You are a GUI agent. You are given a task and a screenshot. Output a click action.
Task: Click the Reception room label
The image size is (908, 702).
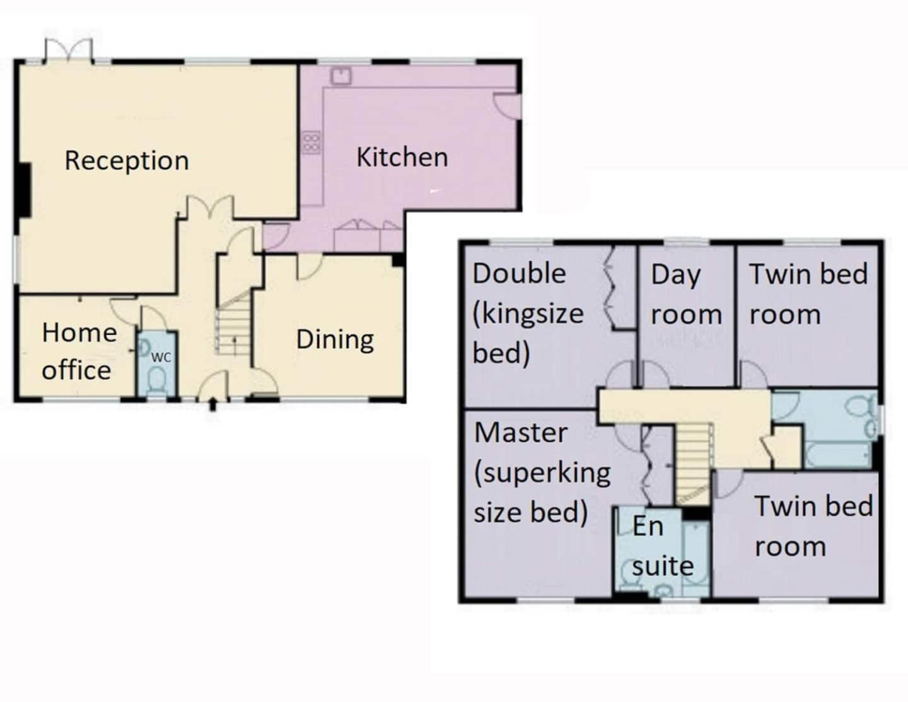(x=127, y=161)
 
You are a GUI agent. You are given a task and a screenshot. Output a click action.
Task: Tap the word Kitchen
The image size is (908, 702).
(x=402, y=158)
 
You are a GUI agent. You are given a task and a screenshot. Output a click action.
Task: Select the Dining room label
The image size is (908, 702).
(x=335, y=340)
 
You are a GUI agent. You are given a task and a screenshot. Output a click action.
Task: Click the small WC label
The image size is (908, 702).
(x=161, y=358)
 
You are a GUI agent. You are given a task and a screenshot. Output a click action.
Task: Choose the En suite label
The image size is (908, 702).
(x=663, y=547)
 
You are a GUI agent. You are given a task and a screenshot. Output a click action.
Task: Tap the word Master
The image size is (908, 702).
(x=521, y=433)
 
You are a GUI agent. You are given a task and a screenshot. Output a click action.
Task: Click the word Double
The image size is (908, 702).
(x=520, y=274)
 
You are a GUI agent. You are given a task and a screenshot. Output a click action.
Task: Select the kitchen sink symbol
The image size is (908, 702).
(x=341, y=76)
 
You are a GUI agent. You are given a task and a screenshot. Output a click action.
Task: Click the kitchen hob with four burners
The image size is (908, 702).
(x=311, y=143)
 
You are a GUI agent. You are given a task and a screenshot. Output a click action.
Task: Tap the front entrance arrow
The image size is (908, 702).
(x=212, y=404)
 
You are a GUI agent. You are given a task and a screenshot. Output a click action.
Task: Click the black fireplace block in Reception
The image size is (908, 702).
(x=25, y=190)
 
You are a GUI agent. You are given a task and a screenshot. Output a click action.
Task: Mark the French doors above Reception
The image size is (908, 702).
(x=69, y=51)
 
